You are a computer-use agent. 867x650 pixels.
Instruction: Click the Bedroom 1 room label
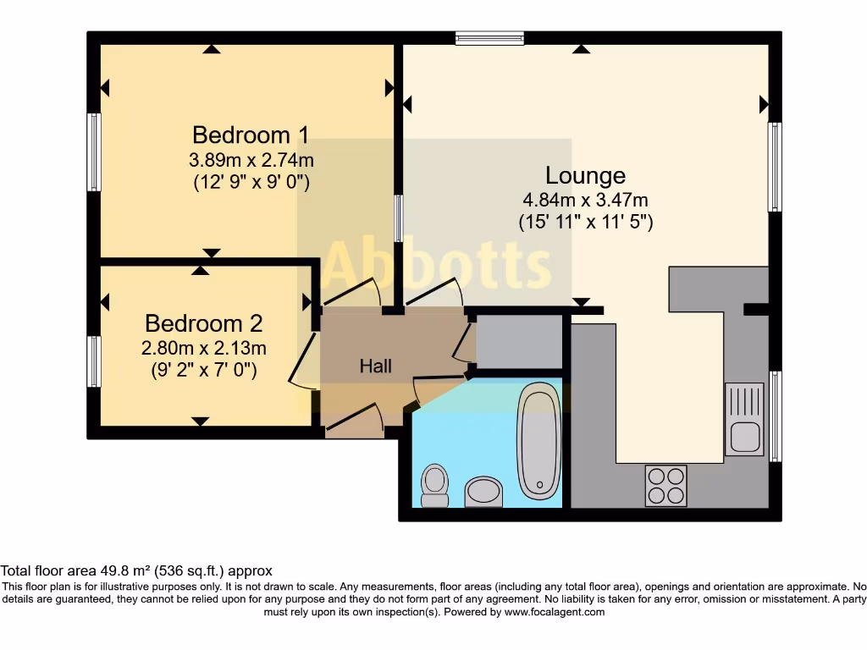251,135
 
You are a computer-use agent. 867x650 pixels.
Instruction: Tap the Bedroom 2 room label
204,323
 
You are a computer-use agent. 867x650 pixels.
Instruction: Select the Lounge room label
585,176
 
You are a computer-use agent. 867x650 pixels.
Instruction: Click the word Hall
376,366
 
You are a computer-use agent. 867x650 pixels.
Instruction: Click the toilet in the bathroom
435,485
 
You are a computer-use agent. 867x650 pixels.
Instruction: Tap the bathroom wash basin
483,491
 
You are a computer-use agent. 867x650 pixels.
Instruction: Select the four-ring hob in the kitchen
665,486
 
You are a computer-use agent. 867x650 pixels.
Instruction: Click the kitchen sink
744,418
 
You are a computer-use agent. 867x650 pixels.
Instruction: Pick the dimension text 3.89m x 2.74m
251,160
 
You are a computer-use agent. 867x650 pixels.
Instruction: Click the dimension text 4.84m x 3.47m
585,201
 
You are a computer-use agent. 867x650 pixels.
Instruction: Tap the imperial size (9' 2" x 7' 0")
204,370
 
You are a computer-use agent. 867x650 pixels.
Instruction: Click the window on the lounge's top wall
489,37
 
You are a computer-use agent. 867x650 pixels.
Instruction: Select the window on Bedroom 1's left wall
94,152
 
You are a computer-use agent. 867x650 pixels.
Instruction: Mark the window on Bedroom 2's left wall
94,361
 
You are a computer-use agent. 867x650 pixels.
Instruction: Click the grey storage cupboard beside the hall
519,341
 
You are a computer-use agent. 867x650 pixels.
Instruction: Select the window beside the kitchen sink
775,416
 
